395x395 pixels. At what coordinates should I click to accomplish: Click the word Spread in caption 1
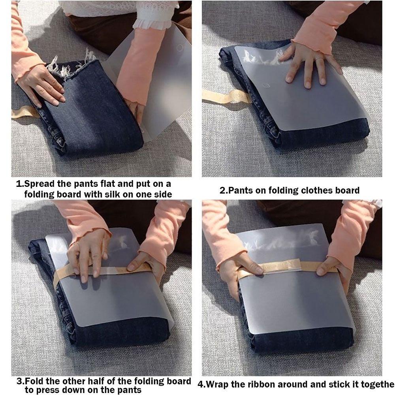[39, 184]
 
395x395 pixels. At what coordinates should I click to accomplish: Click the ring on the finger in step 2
[318, 60]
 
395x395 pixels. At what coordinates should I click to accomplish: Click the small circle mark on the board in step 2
[266, 85]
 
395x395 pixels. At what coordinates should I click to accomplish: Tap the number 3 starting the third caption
[19, 381]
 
